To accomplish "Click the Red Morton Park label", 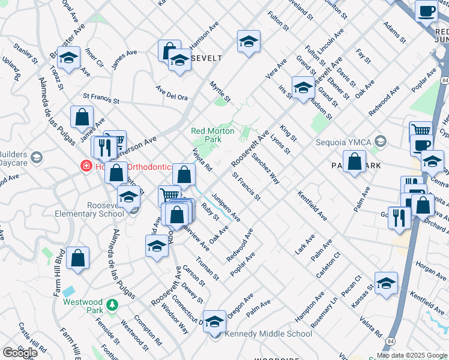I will pyautogui.click(x=206, y=135).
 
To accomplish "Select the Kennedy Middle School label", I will pyautogui.click(x=268, y=334).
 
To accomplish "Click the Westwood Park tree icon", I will pyautogui.click(x=112, y=305).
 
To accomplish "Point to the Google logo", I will pyautogui.click(x=20, y=353).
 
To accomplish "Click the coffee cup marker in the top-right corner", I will pyautogui.click(x=426, y=11).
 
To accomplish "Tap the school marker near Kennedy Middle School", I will pyautogui.click(x=214, y=322).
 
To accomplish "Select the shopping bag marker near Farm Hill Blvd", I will pyautogui.click(x=78, y=259).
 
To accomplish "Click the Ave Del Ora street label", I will pyautogui.click(x=172, y=97).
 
